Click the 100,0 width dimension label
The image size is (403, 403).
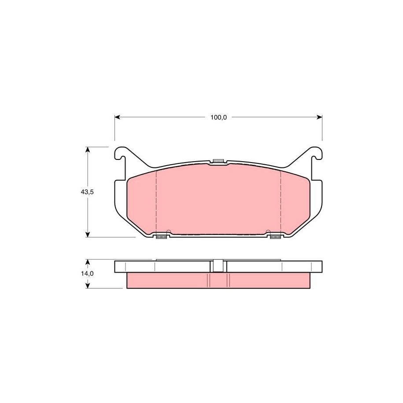[x=218, y=118]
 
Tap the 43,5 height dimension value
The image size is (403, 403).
[x=87, y=192]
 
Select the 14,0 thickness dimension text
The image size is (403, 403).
[x=87, y=274]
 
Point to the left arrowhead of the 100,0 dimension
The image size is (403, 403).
[x=118, y=117]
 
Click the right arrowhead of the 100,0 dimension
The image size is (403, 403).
[x=319, y=117]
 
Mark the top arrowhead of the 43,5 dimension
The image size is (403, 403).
[x=88, y=150]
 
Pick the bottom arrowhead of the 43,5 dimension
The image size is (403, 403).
[x=88, y=234]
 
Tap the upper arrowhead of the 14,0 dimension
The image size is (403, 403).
[x=88, y=262]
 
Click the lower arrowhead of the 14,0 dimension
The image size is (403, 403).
[x=88, y=285]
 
